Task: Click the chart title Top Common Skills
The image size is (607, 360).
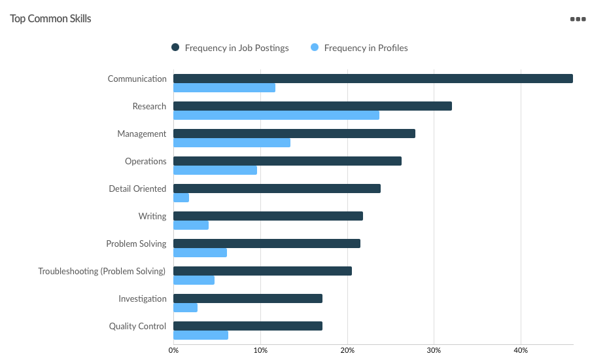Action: pyautogui.click(x=50, y=18)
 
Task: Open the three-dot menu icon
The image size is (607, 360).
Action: pyautogui.click(x=578, y=19)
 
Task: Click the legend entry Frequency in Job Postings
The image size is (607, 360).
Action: pyautogui.click(x=230, y=48)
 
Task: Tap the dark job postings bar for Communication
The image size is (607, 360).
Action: pyautogui.click(x=373, y=79)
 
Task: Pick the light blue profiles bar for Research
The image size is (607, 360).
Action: pyautogui.click(x=276, y=115)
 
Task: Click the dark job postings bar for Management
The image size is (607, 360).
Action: pyautogui.click(x=294, y=134)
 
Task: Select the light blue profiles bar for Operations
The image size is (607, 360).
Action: pyautogui.click(x=215, y=170)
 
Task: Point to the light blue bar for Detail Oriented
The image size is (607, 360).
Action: pyautogui.click(x=181, y=198)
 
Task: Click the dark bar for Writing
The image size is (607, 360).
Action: pyautogui.click(x=268, y=216)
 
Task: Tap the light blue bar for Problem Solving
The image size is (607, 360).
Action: pyautogui.click(x=200, y=253)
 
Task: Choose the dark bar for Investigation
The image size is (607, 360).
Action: pyautogui.click(x=248, y=298)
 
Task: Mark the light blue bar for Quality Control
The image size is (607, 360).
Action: pyautogui.click(x=201, y=335)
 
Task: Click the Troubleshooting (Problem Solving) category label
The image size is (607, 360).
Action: pyautogui.click(x=102, y=271)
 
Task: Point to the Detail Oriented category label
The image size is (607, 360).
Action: pyautogui.click(x=137, y=189)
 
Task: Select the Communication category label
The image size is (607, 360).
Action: pyautogui.click(x=137, y=79)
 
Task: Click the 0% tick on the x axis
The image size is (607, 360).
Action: pyautogui.click(x=173, y=351)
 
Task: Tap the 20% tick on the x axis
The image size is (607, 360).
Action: pyautogui.click(x=347, y=351)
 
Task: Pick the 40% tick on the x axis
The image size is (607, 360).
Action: pyautogui.click(x=521, y=351)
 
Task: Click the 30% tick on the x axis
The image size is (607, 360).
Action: pyautogui.click(x=434, y=351)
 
